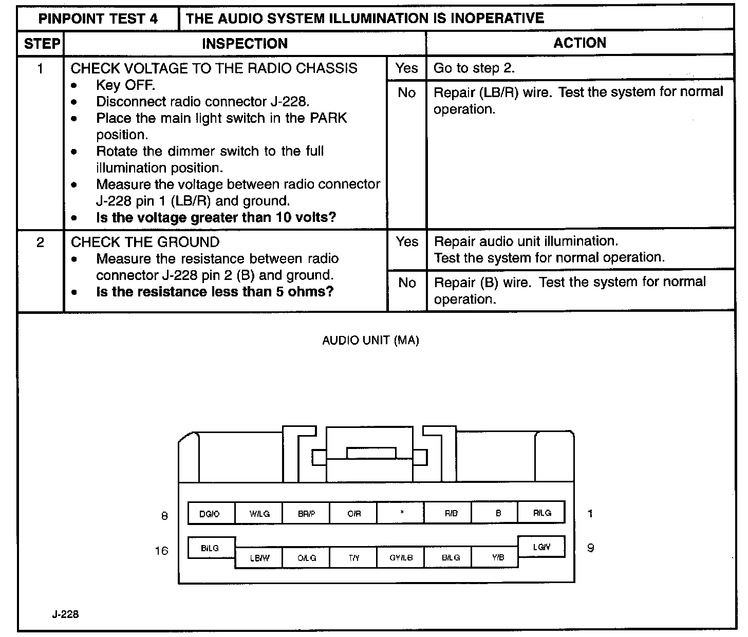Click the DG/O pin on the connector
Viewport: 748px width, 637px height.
pyautogui.click(x=211, y=513)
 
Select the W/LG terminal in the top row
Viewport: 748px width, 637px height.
pyautogui.click(x=258, y=513)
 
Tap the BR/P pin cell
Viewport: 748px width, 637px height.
pyautogui.click(x=306, y=513)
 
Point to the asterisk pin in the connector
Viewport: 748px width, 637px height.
pyautogui.click(x=401, y=513)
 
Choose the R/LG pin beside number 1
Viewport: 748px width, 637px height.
pyautogui.click(x=541, y=513)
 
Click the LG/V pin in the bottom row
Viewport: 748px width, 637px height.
pyautogui.click(x=541, y=547)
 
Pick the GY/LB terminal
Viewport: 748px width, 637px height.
pyautogui.click(x=401, y=557)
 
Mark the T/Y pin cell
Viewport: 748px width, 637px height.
pyautogui.click(x=353, y=557)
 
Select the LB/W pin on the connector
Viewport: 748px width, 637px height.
pyautogui.click(x=259, y=557)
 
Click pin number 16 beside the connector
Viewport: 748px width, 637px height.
pyautogui.click(x=161, y=551)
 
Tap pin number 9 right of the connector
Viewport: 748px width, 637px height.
pyautogui.click(x=590, y=548)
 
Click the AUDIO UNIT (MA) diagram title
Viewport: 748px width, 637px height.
pyautogui.click(x=370, y=341)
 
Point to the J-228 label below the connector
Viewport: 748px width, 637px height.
pyautogui.click(x=65, y=614)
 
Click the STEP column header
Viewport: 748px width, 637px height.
pyautogui.click(x=42, y=44)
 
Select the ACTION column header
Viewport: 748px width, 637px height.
pyautogui.click(x=579, y=43)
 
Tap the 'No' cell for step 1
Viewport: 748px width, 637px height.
pyautogui.click(x=406, y=93)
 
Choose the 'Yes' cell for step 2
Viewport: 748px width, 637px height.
pyautogui.click(x=406, y=241)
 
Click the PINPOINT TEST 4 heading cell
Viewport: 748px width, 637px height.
pyautogui.click(x=99, y=19)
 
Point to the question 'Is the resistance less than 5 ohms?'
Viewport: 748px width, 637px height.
pyautogui.click(x=215, y=292)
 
